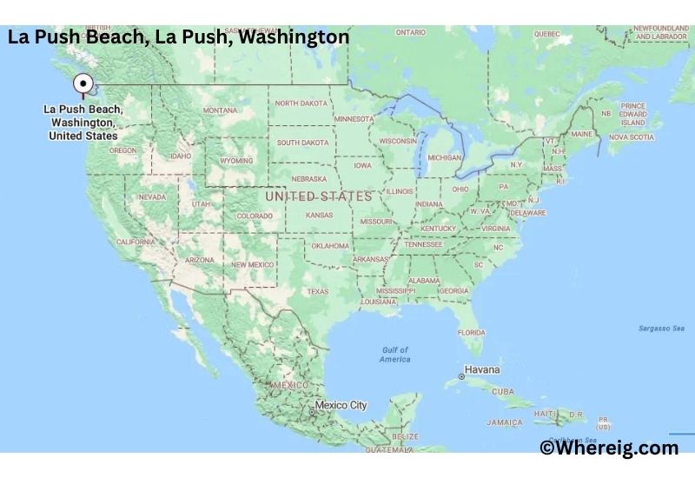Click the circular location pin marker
coord(83,83)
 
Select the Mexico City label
coord(341,405)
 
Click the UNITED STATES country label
coord(318,196)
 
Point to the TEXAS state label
coord(317,291)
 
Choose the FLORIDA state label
coord(471,332)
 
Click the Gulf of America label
coord(394,355)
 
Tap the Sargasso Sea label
coord(662,328)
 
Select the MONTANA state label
coord(220,110)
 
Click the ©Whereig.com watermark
coord(608,448)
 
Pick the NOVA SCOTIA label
coord(631,137)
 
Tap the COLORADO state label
coord(254,216)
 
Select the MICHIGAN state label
coord(444,157)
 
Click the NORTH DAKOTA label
coord(301,103)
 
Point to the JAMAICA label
coord(505,422)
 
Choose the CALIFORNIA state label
coord(136,242)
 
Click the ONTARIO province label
coord(410,32)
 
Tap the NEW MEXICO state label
coord(253,263)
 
